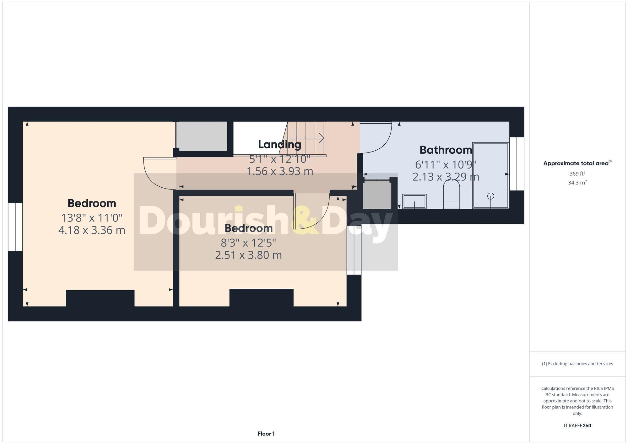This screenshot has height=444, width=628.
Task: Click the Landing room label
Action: click(279, 145)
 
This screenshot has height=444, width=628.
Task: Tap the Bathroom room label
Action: click(446, 150)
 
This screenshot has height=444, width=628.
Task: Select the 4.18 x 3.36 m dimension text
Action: click(92, 230)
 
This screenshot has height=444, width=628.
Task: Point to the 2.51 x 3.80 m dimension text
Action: click(248, 255)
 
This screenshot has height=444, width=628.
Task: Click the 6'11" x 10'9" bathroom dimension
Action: click(446, 164)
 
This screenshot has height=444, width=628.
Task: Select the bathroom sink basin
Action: click(414, 201)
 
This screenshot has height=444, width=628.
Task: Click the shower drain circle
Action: click(490, 196)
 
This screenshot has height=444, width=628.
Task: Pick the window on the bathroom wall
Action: click(517, 163)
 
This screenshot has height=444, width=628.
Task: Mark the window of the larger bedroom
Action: click(15, 227)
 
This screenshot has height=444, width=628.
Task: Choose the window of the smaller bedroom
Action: click(354, 250)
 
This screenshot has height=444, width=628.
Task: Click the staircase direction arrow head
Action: click(322, 137)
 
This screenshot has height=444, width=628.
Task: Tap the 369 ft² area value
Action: click(577, 174)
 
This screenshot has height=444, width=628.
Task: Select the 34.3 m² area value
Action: click(577, 183)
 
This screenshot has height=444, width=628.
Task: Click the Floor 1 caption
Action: click(266, 434)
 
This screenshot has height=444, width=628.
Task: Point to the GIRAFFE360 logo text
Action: click(577, 426)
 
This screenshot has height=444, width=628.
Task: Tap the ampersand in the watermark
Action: click(305, 220)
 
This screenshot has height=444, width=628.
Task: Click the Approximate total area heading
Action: click(577, 163)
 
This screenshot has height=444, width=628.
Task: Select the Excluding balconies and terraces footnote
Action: click(577, 364)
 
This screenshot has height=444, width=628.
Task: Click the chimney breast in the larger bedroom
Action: click(100, 298)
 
